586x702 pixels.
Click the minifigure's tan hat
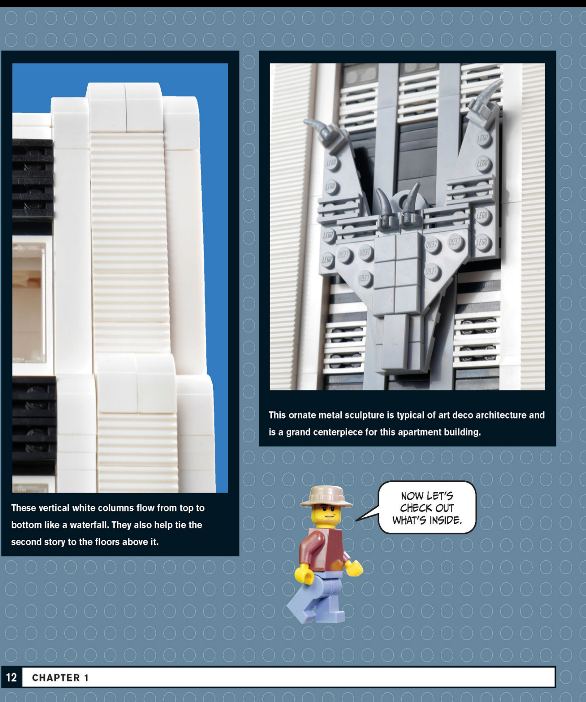(326, 497)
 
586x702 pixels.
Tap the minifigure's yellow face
(326, 515)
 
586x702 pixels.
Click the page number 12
(11, 677)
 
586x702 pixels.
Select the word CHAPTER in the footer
(56, 677)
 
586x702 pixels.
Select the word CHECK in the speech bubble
(415, 508)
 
